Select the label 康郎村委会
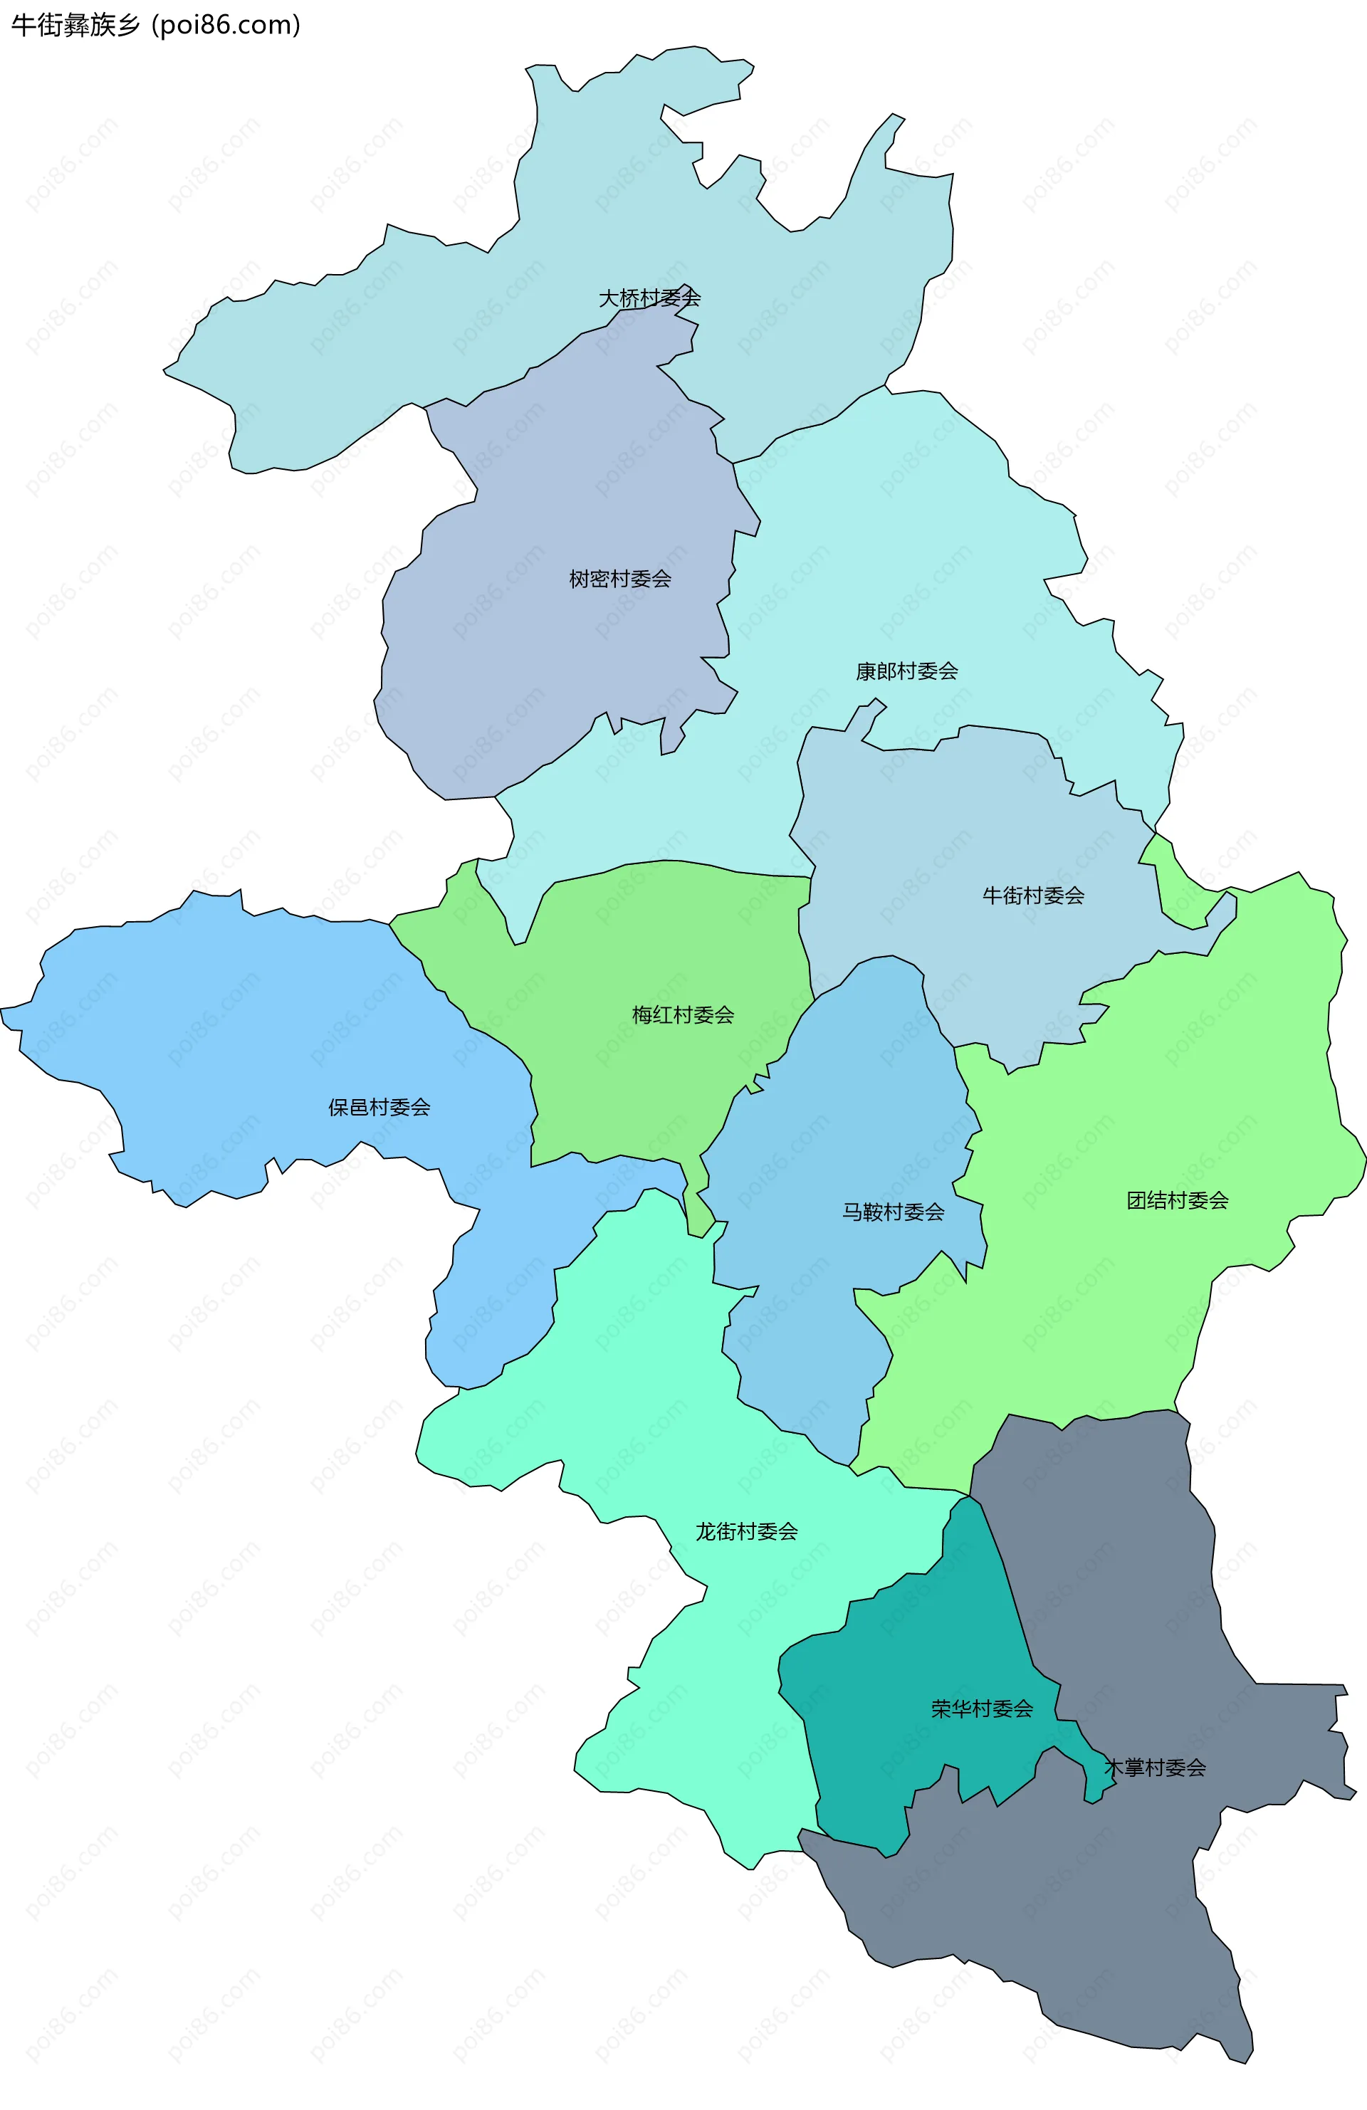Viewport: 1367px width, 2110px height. [906, 671]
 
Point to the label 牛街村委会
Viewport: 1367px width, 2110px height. [1033, 896]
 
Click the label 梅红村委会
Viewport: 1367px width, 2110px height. [683, 1014]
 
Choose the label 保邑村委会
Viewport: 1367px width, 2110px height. [379, 1106]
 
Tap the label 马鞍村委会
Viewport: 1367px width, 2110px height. [893, 1211]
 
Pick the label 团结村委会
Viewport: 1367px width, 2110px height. [1178, 1200]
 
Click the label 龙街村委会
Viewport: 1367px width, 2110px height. [746, 1531]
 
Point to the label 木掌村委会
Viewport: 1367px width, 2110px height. [1154, 1768]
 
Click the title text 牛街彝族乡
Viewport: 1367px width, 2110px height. [75, 25]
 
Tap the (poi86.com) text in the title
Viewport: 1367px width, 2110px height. [226, 25]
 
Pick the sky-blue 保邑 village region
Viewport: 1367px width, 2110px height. [221, 1019]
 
